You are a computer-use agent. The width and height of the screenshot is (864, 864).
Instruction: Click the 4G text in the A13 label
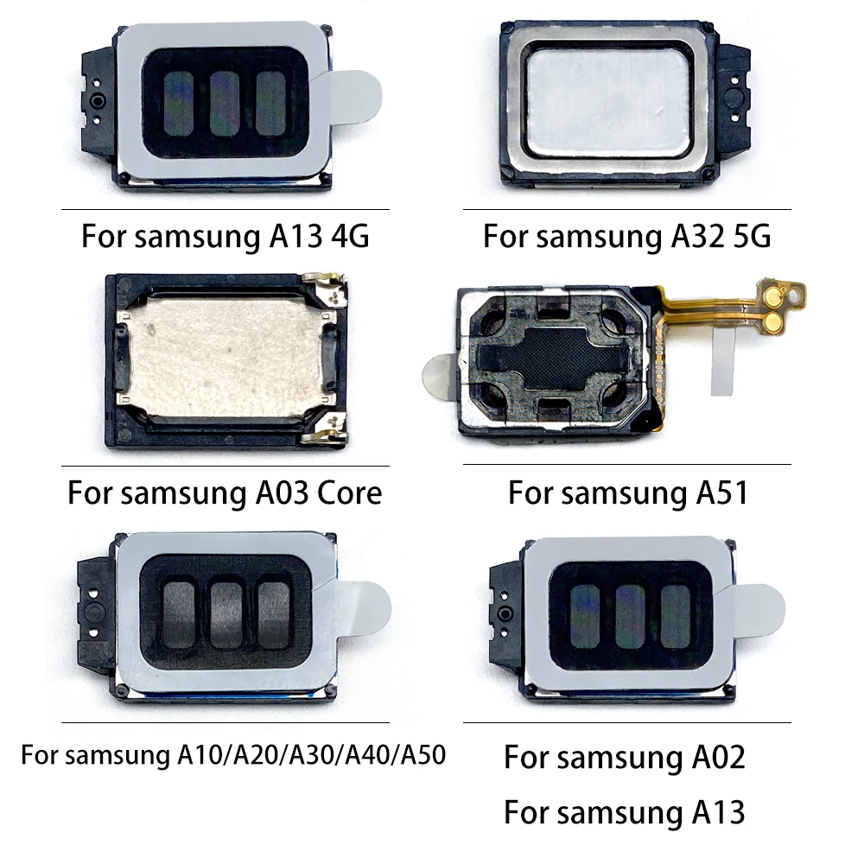(351, 236)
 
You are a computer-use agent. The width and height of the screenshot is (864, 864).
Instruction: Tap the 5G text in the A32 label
(753, 236)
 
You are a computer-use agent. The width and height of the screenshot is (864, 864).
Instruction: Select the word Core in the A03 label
(349, 492)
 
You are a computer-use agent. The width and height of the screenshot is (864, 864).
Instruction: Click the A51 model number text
(721, 492)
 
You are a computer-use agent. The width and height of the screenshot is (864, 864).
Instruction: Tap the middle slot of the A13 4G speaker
(225, 104)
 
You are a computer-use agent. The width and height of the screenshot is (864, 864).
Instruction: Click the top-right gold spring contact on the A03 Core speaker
(327, 287)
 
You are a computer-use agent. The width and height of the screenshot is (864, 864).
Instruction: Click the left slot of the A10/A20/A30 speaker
(178, 614)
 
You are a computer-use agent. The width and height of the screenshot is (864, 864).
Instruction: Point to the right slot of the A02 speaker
(676, 616)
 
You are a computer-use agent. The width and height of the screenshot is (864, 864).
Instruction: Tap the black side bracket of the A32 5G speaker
(734, 102)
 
